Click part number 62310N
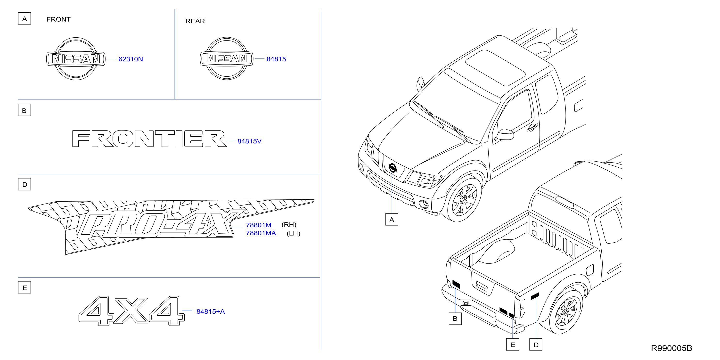(131, 59)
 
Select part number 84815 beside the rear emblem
(276, 59)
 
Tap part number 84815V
(249, 141)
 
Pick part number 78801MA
(261, 233)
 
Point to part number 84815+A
(211, 311)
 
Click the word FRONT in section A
(58, 19)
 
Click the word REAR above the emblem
(195, 21)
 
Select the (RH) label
(289, 225)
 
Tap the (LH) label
(294, 233)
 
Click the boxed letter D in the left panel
(25, 184)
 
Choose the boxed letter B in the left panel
(25, 110)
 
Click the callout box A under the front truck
(392, 219)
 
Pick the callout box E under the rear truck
(513, 345)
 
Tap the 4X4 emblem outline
(131, 311)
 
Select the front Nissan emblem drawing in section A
(76, 59)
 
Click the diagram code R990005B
(671, 348)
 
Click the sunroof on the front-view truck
(495, 68)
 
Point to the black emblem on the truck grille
(393, 168)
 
